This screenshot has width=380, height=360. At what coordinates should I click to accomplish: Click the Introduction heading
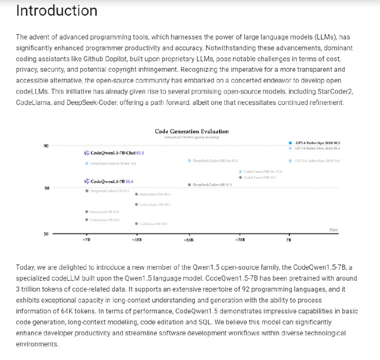coord(57,10)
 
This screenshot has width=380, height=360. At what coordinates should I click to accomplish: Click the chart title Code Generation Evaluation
coord(191,131)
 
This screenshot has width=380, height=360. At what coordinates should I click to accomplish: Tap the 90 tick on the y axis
coord(46,145)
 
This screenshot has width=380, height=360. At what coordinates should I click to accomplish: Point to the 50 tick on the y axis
coord(46,188)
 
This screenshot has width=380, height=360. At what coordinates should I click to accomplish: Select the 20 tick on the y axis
coord(46,234)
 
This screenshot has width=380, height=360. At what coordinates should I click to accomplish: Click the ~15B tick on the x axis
coord(137,240)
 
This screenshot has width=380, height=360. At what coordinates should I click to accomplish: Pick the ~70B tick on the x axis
coord(239,240)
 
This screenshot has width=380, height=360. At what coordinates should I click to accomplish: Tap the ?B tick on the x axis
coord(289,240)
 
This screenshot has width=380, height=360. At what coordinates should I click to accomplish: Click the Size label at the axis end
coord(333,230)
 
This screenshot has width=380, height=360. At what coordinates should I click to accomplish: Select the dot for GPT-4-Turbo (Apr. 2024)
coord(290,142)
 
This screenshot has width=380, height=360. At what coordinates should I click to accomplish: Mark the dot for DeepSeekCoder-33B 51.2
coord(190,184)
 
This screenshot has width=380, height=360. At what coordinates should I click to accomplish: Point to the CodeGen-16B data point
coord(137,223)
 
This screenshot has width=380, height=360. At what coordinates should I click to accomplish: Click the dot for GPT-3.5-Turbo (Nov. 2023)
coord(290,161)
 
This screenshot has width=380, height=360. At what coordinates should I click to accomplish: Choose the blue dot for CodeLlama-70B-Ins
coord(240,171)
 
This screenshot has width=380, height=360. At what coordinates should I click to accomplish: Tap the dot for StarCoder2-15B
coord(137,194)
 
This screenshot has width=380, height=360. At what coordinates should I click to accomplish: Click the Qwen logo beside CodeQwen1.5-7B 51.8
coord(86,181)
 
